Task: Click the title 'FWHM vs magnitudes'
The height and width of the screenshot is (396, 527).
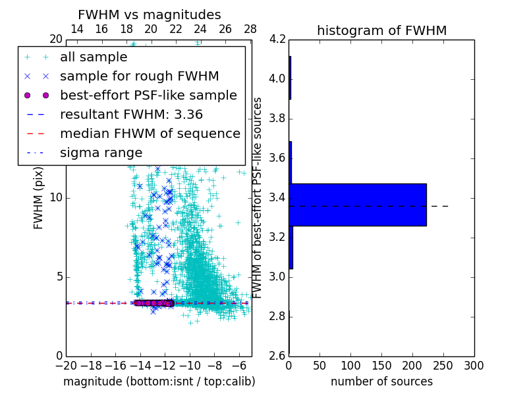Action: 150,15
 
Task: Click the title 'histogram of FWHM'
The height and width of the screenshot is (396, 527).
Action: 381,30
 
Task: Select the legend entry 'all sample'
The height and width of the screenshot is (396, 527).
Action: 94,57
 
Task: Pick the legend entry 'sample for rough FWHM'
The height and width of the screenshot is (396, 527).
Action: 139,76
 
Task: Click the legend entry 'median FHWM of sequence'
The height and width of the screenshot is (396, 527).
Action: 150,133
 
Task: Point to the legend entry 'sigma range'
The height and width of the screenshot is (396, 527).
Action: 101,152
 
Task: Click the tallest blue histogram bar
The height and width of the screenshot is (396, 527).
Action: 358,205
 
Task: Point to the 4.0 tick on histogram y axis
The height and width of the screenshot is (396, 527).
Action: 277,79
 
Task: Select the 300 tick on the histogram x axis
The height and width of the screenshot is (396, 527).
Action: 474,366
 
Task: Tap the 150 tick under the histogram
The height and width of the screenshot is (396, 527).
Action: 381,366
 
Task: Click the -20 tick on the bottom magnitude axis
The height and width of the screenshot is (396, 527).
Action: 66,366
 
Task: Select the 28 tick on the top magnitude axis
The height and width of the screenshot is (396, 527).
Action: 250,29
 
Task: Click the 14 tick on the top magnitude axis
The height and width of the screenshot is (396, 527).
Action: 76,29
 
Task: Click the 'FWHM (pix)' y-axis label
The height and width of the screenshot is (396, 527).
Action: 39,197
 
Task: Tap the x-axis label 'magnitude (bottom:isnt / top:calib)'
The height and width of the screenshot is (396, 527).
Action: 159,381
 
